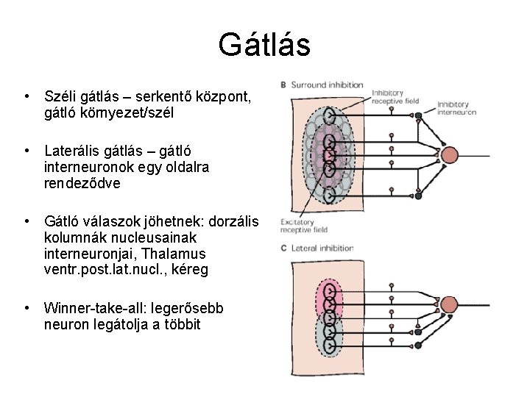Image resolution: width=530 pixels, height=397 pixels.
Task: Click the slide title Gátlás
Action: [x=264, y=45]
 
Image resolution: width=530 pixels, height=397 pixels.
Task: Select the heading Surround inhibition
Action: [x=318, y=85]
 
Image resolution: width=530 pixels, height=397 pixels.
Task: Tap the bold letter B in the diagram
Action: [x=284, y=85]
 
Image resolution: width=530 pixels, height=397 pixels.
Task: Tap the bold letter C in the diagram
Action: [x=284, y=248]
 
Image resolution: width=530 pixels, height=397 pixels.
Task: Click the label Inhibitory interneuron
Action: [x=457, y=109]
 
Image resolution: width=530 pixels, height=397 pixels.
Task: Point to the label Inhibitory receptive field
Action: [x=395, y=97]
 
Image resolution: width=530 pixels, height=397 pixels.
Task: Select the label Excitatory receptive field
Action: [x=297, y=226]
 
